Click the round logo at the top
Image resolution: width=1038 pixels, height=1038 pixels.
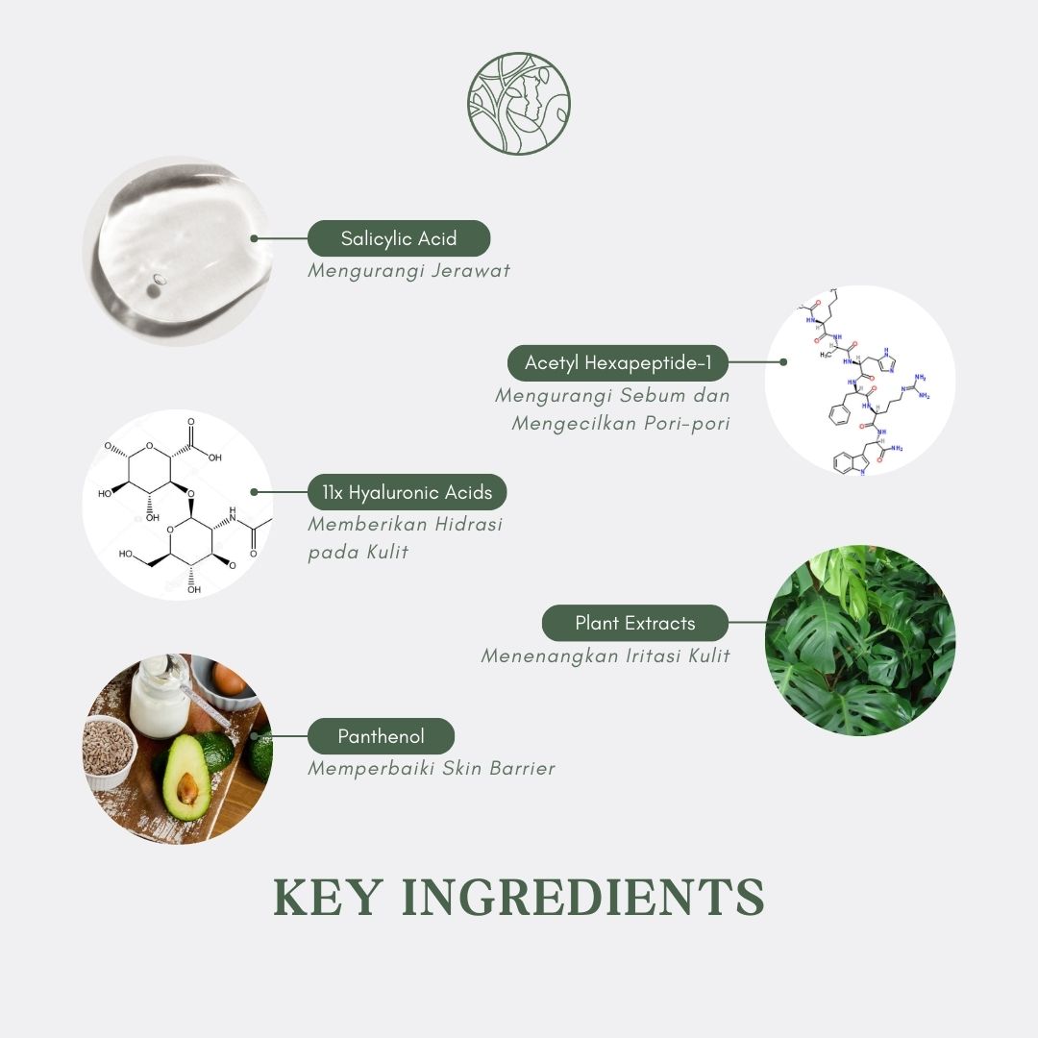coord(518,103)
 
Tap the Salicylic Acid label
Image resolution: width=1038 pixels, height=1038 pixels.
coord(399,238)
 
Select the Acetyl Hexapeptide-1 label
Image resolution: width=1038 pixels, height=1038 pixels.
coord(618,362)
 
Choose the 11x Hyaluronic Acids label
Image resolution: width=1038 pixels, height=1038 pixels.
coord(408,492)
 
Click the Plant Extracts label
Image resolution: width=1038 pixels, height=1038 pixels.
coord(635,623)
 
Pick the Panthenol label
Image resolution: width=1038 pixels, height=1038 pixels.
coord(381,736)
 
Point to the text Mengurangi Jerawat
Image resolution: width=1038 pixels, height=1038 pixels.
coord(409,271)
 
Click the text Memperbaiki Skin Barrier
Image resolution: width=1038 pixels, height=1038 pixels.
coord(432,769)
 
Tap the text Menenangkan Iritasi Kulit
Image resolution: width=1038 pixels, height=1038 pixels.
coord(605,656)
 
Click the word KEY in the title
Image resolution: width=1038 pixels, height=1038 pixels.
coord(328,898)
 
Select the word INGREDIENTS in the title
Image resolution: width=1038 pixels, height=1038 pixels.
coord(583,898)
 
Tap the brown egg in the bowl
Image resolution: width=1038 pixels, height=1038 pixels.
coord(229,680)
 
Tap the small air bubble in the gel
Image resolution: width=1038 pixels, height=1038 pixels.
coord(160,279)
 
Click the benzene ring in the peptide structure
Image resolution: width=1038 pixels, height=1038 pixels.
coord(839,413)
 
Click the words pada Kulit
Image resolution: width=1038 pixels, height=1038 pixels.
coord(358,552)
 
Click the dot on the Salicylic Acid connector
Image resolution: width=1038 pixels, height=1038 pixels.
coord(254,238)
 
